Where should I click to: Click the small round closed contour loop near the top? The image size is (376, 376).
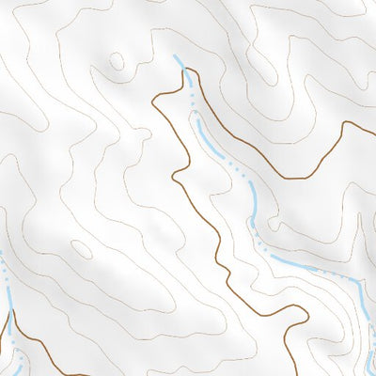point(117,62)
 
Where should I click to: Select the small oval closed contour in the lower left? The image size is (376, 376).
point(82,249)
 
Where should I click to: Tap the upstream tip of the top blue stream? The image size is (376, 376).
point(176,57)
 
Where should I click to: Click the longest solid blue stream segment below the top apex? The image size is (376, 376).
point(211,141)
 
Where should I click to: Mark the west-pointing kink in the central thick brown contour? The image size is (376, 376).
point(173,177)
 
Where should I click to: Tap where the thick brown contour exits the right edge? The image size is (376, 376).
point(374,120)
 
